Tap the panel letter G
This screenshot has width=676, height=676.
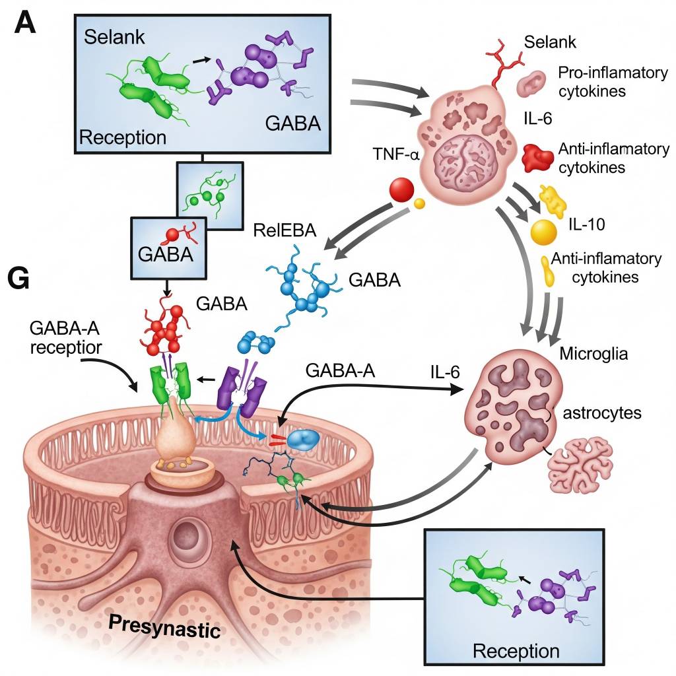click(x=18, y=279)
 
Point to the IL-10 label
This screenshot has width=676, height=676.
click(x=587, y=225)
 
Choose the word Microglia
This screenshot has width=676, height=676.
click(x=593, y=355)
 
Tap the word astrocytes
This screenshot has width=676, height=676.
click(x=601, y=413)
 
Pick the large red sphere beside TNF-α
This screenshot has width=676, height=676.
click(x=401, y=191)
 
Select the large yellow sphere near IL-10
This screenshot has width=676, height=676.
click(x=544, y=232)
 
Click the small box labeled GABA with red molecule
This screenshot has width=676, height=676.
click(x=168, y=245)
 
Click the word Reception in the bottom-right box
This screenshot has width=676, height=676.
click(x=516, y=651)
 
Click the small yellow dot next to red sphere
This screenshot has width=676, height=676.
click(x=419, y=203)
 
